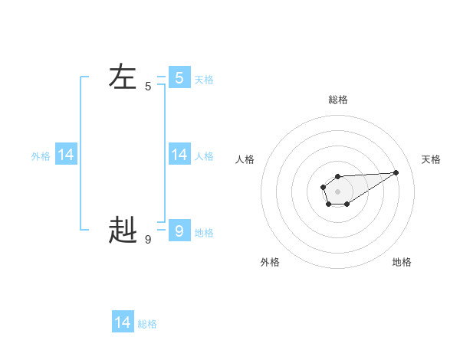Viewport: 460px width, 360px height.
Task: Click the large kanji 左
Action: click(123, 77)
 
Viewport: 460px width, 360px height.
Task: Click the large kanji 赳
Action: click(123, 229)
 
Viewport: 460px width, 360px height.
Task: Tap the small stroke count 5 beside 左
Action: click(148, 87)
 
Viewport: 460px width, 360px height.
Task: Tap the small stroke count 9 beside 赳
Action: click(148, 239)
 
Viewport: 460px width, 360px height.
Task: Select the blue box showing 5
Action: click(179, 77)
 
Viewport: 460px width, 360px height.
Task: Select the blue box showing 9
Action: click(179, 230)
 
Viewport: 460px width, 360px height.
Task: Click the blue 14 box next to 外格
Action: click(66, 155)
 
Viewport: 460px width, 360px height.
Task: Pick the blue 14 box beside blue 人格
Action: click(179, 155)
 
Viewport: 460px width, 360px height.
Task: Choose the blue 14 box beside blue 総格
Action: click(123, 322)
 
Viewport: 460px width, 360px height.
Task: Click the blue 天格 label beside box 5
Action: click(204, 80)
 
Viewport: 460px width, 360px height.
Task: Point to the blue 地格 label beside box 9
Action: click(204, 233)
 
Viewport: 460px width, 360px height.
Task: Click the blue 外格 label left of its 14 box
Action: click(41, 156)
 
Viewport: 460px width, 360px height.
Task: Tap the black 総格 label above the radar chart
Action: click(338, 100)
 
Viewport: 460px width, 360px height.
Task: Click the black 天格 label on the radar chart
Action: click(431, 159)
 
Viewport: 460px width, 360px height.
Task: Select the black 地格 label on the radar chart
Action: click(402, 262)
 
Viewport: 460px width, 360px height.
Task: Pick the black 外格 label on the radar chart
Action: click(270, 262)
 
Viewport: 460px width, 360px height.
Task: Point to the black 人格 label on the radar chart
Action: click(245, 159)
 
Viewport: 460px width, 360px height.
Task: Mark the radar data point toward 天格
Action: click(396, 172)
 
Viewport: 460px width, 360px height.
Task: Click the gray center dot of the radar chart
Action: click(337, 191)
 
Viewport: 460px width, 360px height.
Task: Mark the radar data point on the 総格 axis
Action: click(337, 177)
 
